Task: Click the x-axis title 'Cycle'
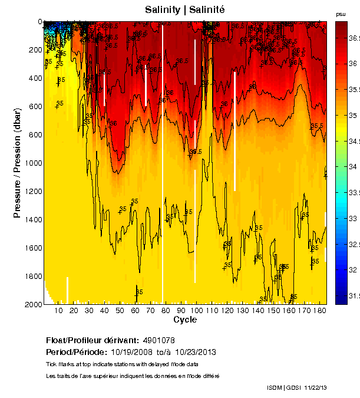pyautogui.click(x=185, y=320)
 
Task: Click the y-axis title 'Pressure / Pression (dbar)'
pyautogui.click(x=17, y=163)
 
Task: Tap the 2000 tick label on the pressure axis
pyautogui.click(x=33, y=304)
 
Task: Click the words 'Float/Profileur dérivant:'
pyautogui.click(x=90, y=340)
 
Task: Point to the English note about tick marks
pyautogui.click(x=122, y=364)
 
